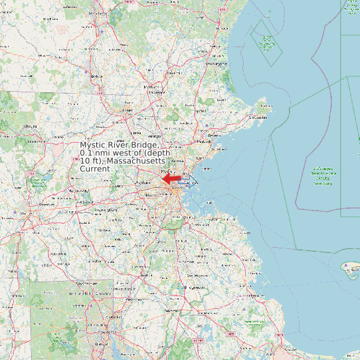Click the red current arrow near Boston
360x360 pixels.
171,179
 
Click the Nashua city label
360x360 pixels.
95,76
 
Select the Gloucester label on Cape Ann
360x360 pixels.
258,118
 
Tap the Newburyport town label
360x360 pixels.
217,63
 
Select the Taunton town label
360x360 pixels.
173,310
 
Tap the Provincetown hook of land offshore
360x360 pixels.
349,267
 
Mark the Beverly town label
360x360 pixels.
214,135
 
